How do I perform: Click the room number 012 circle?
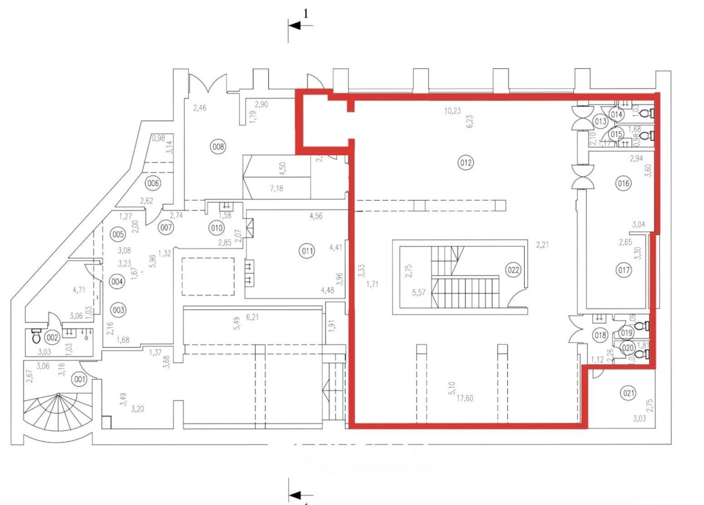(466, 163)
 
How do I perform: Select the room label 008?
(218, 147)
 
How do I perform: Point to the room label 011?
(307, 251)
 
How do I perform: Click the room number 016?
(624, 184)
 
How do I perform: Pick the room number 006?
(153, 183)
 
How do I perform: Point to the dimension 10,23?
(452, 111)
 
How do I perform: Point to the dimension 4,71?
(79, 290)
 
